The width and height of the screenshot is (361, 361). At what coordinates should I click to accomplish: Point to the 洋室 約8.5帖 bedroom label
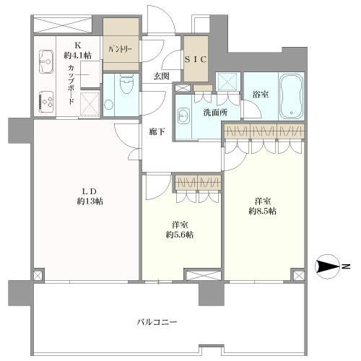pyautogui.click(x=263, y=206)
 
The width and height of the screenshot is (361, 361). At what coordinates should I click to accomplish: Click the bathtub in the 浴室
pyautogui.click(x=292, y=95)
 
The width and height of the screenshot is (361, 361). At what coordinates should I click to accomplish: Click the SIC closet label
pyautogui.click(x=196, y=60)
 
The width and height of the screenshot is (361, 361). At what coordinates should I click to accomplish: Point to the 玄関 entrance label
pyautogui.click(x=160, y=77)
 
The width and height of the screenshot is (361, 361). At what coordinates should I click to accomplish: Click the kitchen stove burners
pyautogui.click(x=46, y=103)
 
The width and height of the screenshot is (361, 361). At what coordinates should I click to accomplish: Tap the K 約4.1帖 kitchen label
pyautogui.click(x=77, y=50)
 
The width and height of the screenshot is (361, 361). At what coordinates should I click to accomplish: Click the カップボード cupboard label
pyautogui.click(x=71, y=86)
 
